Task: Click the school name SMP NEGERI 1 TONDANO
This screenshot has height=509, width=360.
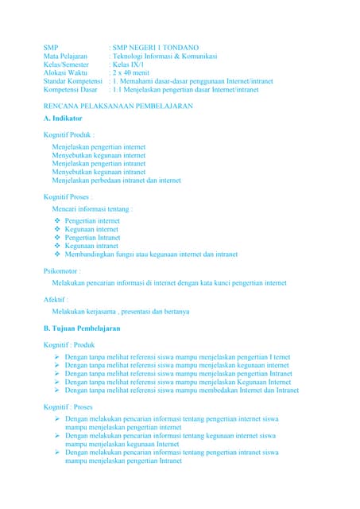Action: coord(156,48)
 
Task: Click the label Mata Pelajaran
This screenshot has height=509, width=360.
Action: coord(65,56)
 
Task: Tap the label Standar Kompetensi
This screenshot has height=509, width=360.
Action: coord(74,82)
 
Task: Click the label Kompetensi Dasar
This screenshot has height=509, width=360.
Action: coord(70,91)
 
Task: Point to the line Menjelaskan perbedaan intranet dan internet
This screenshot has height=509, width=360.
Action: coord(116,181)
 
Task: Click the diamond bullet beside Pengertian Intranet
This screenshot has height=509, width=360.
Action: coord(56,237)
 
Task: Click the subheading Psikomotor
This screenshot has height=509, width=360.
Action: coord(63,271)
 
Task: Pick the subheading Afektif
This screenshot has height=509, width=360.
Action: coord(56,299)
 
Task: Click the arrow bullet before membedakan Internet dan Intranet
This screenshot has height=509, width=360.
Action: coord(57,390)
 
